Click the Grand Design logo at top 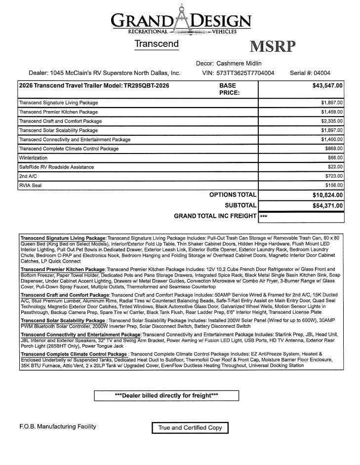tap(181, 20)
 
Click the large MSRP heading tap(273, 46)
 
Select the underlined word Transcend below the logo tap(157, 44)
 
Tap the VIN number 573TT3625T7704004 tap(245, 73)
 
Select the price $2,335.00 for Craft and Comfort tap(332, 121)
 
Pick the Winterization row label tap(33, 158)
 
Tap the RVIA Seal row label tap(30, 186)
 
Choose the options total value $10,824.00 tap(327, 195)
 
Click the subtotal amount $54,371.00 tap(327, 206)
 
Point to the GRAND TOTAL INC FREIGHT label tap(215, 216)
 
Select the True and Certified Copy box tap(190, 427)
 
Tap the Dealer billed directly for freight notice tap(166, 396)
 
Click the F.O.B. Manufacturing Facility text tap(54, 426)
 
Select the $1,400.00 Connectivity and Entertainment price tap(332, 140)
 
